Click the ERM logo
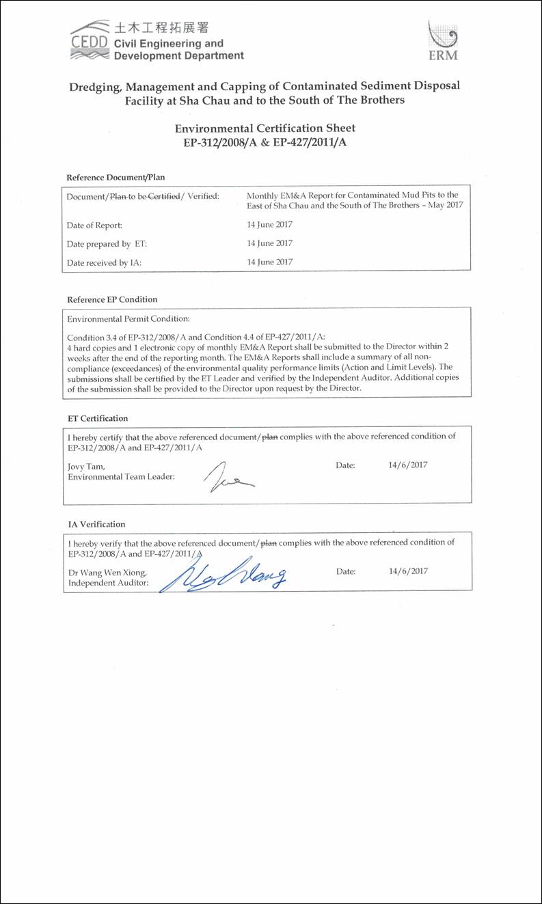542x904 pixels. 442,41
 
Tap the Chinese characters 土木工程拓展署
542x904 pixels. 164,28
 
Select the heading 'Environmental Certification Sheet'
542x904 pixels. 265,128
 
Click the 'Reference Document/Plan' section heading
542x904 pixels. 116,178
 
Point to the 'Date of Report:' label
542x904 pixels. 94,225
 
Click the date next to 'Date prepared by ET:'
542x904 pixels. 269,243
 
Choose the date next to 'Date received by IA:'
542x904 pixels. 269,262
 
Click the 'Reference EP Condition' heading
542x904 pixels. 112,299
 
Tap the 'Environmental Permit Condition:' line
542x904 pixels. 128,318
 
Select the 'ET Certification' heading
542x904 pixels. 98,418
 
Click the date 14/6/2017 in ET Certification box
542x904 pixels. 407,465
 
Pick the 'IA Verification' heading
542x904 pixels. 96,524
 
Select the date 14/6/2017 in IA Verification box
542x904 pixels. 408,571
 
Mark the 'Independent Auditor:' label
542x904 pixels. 109,583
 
